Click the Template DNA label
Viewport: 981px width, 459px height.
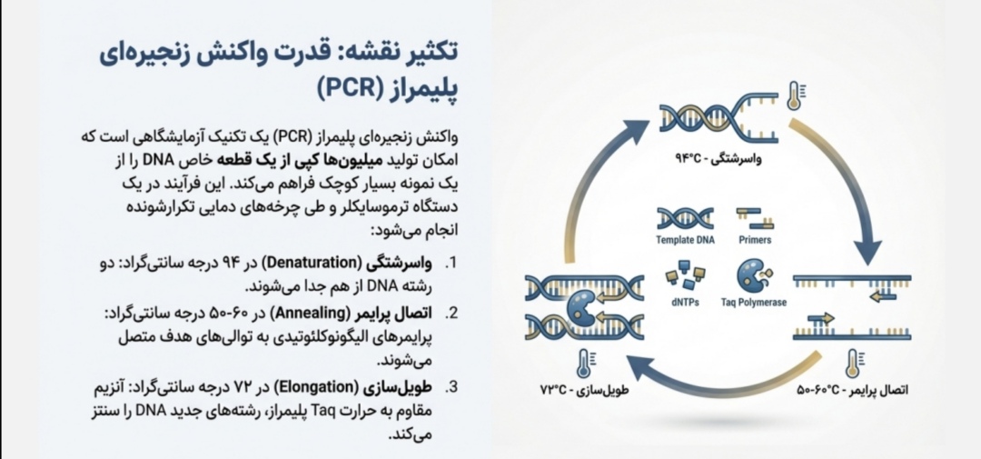pyautogui.click(x=687, y=240)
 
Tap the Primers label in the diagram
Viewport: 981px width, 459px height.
pyautogui.click(x=755, y=240)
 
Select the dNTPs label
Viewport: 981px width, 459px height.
pyautogui.click(x=686, y=303)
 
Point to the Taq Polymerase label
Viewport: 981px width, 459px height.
pyautogui.click(x=754, y=303)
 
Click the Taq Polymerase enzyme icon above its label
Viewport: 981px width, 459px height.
pyautogui.click(x=753, y=274)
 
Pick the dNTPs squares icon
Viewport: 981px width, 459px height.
pyautogui.click(x=685, y=274)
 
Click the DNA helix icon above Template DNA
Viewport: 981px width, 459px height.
pyautogui.click(x=686, y=217)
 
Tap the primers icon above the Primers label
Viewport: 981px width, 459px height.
pyautogui.click(x=755, y=217)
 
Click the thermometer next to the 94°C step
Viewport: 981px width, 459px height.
pyautogui.click(x=795, y=95)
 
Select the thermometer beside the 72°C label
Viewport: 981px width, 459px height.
pyautogui.click(x=580, y=364)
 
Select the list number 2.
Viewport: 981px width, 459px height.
pyautogui.click(x=451, y=314)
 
